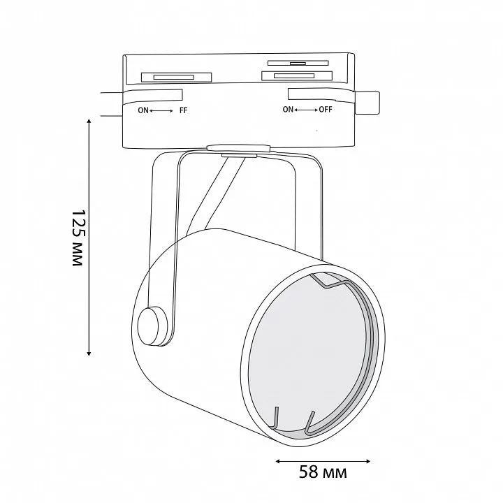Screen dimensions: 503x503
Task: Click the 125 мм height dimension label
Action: (78, 238)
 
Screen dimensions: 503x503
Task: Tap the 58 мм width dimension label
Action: (323, 472)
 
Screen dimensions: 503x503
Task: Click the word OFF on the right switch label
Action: (326, 110)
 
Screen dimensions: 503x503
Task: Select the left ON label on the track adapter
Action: (143, 110)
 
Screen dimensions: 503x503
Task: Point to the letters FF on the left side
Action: (183, 110)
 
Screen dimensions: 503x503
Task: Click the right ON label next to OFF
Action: (288, 110)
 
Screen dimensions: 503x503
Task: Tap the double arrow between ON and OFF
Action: (306, 110)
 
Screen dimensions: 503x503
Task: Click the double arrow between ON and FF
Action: (161, 111)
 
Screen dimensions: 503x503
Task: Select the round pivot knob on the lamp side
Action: (150, 326)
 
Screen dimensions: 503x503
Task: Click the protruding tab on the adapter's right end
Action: (367, 103)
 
